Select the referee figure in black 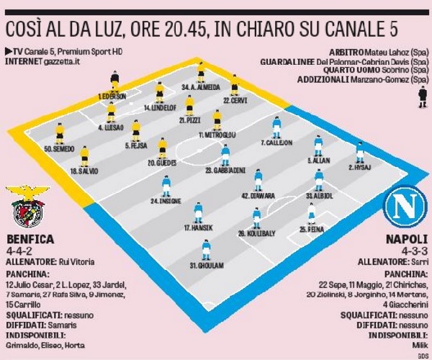pos(421,99)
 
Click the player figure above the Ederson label pos(114,81)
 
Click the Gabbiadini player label pos(222,171)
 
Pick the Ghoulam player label pos(204,266)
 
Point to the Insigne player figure pos(166,186)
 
